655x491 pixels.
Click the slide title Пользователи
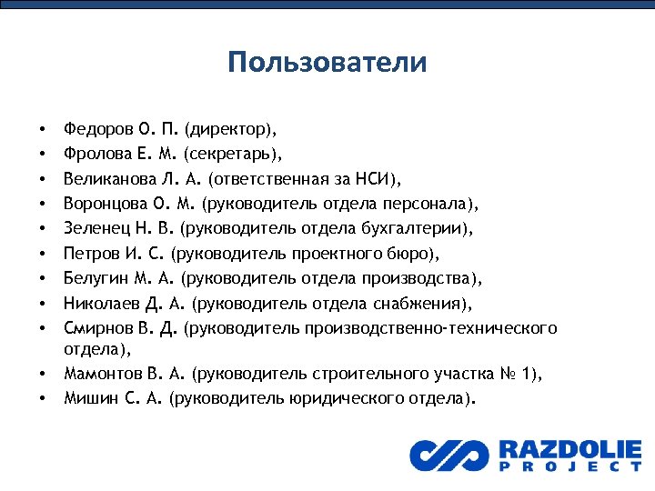pyautogui.click(x=327, y=62)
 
